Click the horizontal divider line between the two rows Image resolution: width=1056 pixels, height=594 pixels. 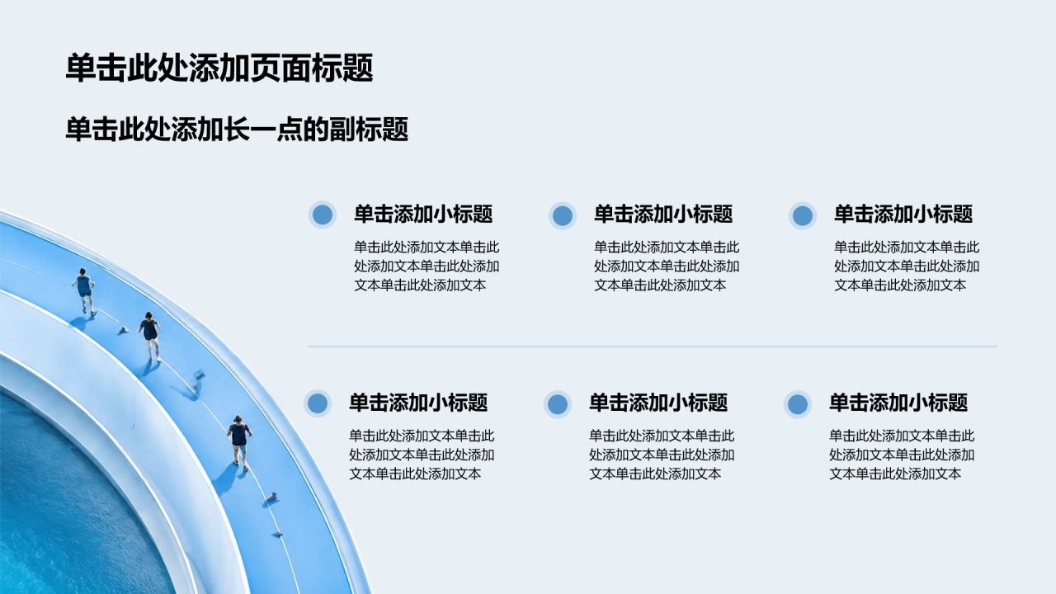coord(653,346)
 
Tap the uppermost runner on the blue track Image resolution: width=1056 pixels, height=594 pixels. coord(84,290)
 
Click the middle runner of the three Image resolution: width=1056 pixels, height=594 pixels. coord(150,336)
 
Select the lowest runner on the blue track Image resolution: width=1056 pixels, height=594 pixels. coord(239,442)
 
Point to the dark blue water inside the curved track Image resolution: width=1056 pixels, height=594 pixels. coord(71,509)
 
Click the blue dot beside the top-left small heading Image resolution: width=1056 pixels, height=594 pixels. coord(323,215)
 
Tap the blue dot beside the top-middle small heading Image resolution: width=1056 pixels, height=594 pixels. coord(563,216)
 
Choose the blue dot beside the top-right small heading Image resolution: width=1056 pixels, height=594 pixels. coord(803,216)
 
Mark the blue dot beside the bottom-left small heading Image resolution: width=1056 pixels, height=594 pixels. coord(318,403)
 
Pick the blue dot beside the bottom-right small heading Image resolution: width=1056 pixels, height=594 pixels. coord(798,404)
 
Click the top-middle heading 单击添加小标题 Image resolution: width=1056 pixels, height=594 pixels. coord(663,214)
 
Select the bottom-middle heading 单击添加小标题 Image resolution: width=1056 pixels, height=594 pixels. coord(658,403)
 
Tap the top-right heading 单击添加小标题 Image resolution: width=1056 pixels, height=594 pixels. coord(903,214)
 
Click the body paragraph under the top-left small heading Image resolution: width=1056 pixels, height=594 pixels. coord(427,266)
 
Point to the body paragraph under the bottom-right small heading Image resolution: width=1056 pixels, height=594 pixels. coord(902,455)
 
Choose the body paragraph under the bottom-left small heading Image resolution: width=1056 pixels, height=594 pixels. coord(422,455)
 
